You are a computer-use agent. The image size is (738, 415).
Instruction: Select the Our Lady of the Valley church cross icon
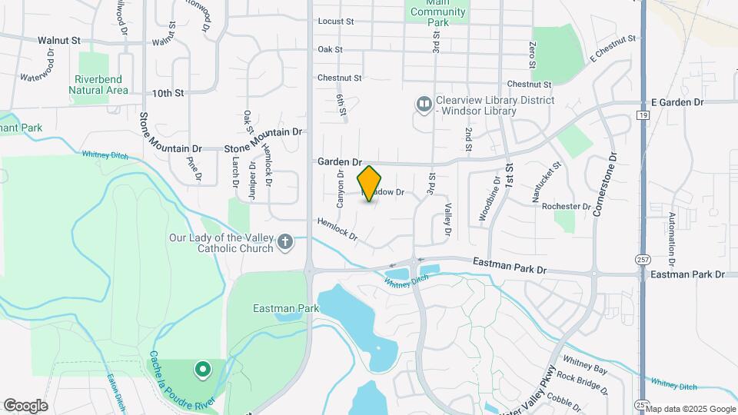pyautogui.click(x=285, y=243)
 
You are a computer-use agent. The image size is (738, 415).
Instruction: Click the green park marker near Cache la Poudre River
pyautogui.click(x=203, y=370)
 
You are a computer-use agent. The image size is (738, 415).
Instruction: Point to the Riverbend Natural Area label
pyautogui.click(x=98, y=85)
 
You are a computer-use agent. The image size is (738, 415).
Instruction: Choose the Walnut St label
pyautogui.click(x=59, y=39)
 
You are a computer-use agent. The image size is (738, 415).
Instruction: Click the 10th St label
pyautogui.click(x=168, y=93)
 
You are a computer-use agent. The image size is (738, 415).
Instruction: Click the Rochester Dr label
pyautogui.click(x=566, y=207)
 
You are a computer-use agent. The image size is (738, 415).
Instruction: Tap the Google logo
pyautogui.click(x=25, y=405)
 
